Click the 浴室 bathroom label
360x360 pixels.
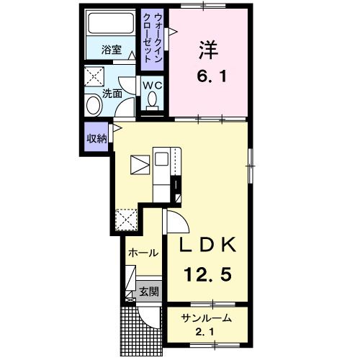click(x=112, y=50)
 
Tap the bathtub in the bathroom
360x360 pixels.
click(x=111, y=23)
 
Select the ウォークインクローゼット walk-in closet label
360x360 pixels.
click(x=152, y=38)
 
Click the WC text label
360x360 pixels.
click(x=153, y=86)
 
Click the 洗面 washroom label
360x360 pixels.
click(x=112, y=94)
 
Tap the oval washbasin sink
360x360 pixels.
click(x=94, y=105)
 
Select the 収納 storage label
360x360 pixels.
click(x=96, y=138)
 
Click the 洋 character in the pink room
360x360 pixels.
click(x=208, y=50)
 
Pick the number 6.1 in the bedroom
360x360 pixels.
click(x=212, y=76)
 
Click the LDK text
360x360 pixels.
click(x=208, y=245)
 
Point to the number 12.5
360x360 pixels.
click(x=208, y=274)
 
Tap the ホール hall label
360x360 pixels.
click(x=143, y=253)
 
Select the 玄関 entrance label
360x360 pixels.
click(x=149, y=292)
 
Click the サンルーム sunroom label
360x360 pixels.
click(x=207, y=318)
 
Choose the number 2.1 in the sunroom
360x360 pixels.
click(x=205, y=333)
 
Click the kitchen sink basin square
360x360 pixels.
click(x=161, y=159)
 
